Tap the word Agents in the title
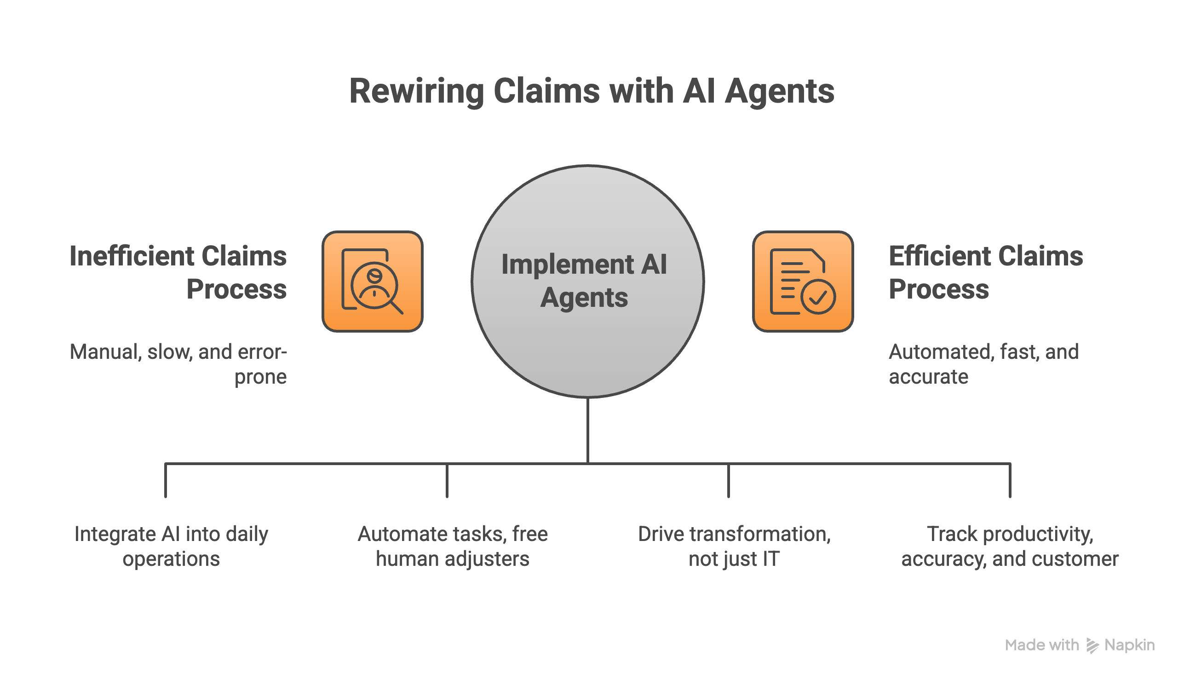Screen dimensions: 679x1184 coord(779,91)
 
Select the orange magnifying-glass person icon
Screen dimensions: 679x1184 coord(372,282)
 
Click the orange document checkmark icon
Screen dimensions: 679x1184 coord(803,282)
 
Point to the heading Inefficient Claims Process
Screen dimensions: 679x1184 coord(178,272)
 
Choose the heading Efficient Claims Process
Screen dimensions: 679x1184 coord(985,272)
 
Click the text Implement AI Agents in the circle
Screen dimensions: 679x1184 coord(584,281)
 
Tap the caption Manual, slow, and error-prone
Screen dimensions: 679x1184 coord(178,364)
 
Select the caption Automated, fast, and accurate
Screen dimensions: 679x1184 coord(983,364)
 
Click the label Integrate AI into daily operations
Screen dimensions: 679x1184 coord(171,546)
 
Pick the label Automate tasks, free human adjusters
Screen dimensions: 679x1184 coord(452,546)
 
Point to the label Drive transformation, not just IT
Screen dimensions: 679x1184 coord(734,546)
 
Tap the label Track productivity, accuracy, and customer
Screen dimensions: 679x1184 coord(1010,546)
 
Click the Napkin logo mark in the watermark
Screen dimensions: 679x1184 coord(1092,645)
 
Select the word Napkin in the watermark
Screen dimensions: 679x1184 coord(1129,645)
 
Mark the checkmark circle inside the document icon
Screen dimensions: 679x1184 coord(818,297)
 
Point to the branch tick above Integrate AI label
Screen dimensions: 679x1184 coord(166,480)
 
